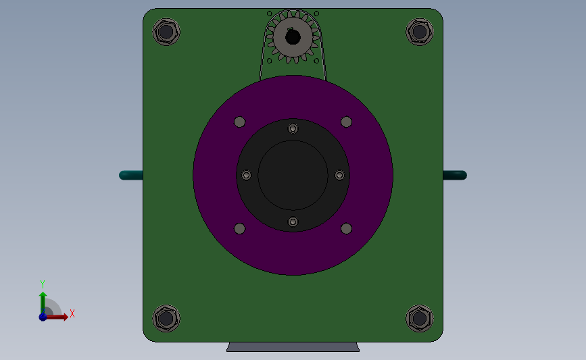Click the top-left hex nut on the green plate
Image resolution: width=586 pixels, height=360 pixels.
[x=166, y=32]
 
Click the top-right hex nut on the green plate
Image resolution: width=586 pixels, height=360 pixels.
[x=419, y=32]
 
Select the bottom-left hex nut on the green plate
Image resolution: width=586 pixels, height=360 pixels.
[x=166, y=319]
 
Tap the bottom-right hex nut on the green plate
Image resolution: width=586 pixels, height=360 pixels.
[x=419, y=319]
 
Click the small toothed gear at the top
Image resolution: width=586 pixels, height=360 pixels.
[x=293, y=37]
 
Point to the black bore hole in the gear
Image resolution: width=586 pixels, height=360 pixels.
[x=293, y=37]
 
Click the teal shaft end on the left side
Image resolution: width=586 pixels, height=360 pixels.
[x=131, y=175]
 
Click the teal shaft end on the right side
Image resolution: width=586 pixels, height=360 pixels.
[x=455, y=175]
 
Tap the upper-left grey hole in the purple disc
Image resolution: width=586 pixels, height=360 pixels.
[x=239, y=122]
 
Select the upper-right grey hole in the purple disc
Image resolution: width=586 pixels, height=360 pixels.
[x=347, y=122]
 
